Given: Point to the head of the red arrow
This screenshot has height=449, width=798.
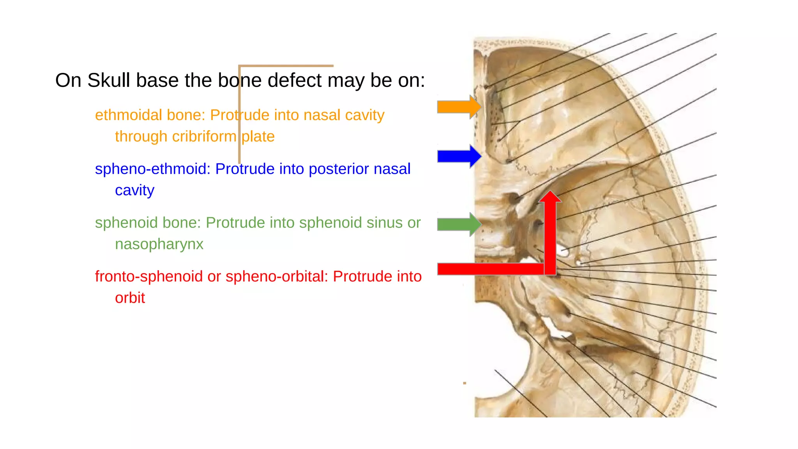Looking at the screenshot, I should coord(550,197).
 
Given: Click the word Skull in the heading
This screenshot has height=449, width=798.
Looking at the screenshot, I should coord(108,81).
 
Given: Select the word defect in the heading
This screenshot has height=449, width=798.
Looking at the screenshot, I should coord(295,81).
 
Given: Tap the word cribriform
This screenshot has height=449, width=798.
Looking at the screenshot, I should coord(204,137).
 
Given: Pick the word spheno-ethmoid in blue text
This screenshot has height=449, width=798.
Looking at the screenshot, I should coord(152,169).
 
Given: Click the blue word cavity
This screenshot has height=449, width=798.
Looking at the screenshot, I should coord(134,191).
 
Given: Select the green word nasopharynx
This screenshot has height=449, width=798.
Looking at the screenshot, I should coord(159,244).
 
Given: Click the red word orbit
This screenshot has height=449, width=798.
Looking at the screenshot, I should coord(130,298).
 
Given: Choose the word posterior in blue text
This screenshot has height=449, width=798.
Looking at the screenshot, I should coord(339,169).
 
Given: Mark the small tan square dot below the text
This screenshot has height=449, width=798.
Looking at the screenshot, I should coord(464,383).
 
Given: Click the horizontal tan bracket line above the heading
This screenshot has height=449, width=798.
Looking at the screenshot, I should coord(286,66).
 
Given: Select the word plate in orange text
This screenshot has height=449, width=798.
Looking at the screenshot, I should coord(258,137).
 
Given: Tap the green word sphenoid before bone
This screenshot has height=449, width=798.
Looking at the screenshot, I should coord(126,223).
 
